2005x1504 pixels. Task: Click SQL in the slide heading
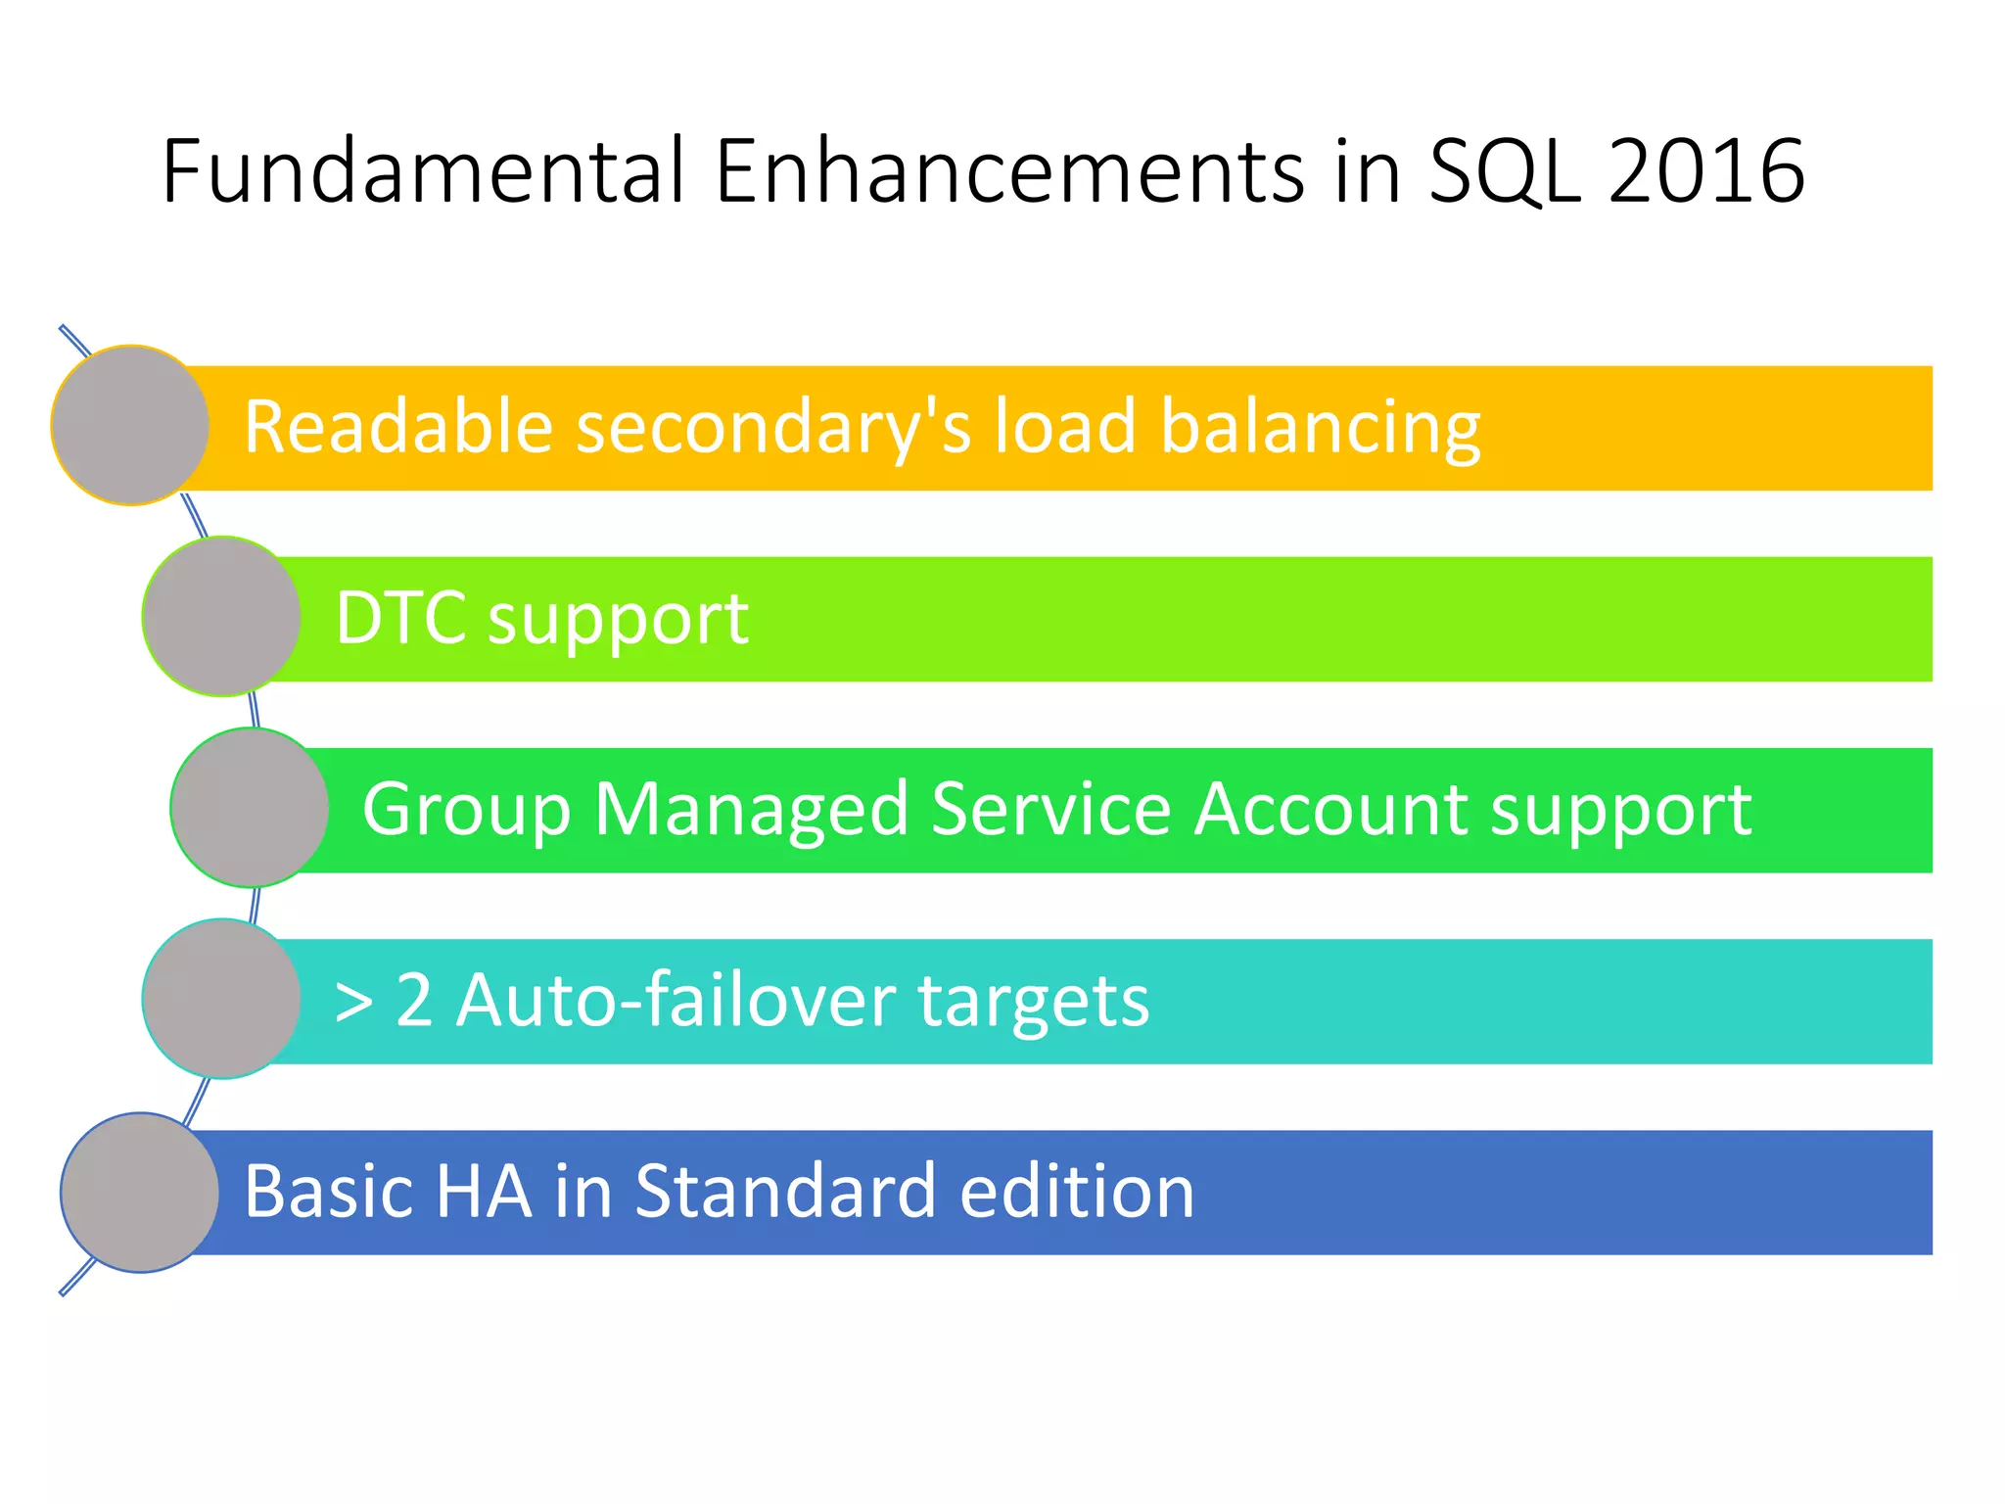(1504, 171)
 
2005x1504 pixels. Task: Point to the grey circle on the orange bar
(130, 425)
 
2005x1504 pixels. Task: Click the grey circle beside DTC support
(221, 616)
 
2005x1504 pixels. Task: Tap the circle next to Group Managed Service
(250, 808)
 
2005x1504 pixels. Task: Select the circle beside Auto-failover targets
(221, 999)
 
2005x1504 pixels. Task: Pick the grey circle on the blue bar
(140, 1192)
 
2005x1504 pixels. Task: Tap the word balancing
(1320, 429)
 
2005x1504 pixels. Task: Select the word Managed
(751, 810)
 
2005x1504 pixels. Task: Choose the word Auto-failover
(676, 1001)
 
